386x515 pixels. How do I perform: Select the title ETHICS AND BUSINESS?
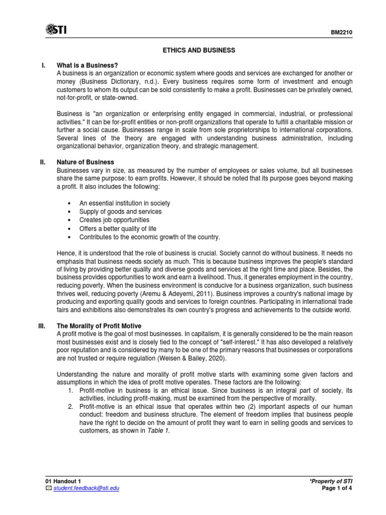pos(198,50)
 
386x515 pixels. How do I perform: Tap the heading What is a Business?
pos(88,65)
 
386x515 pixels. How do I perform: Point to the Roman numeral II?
pos(43,162)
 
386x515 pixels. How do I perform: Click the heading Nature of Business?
pos(85,162)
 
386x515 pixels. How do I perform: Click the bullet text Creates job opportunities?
pos(114,220)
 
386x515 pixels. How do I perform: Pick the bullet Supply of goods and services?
pos(121,212)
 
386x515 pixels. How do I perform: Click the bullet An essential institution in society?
pos(125,203)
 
